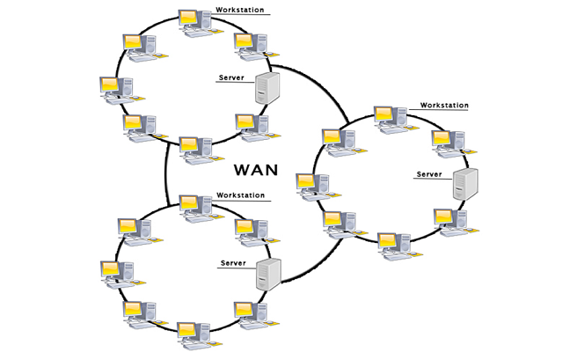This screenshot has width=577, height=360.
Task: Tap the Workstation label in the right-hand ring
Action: coord(444,105)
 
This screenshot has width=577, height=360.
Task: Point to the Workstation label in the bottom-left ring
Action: coord(240,195)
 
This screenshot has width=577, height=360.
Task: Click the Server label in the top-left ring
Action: coord(231,78)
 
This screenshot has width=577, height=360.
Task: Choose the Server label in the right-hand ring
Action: coord(430,174)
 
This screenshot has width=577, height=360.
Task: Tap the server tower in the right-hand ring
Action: coord(465,182)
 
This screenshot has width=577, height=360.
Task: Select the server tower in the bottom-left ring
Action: coord(268,275)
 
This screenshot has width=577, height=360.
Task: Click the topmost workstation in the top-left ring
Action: coord(193,21)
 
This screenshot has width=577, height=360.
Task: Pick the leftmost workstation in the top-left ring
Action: coord(114,88)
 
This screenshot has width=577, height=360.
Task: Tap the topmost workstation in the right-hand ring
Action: coord(389,118)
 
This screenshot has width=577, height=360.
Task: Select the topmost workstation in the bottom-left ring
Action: coord(194,207)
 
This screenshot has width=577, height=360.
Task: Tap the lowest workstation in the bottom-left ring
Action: coord(193,334)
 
